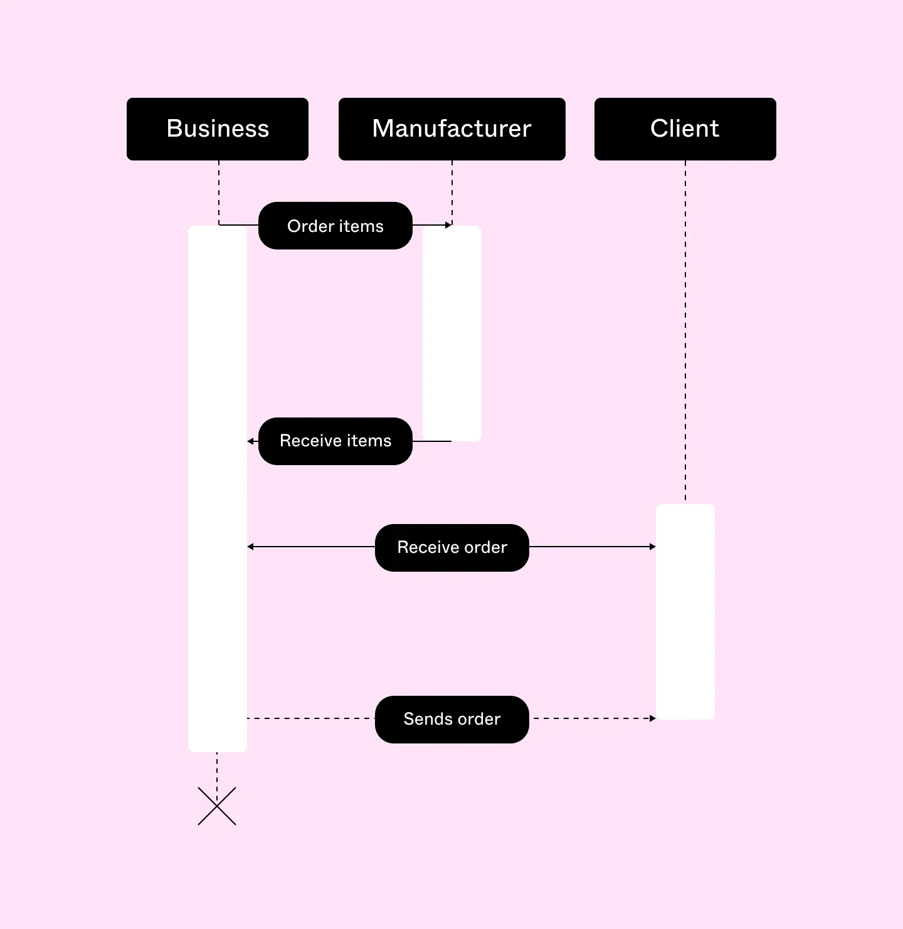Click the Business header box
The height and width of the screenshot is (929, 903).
click(x=218, y=129)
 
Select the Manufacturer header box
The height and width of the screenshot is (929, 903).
click(x=451, y=129)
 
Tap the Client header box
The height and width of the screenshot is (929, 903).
click(x=685, y=129)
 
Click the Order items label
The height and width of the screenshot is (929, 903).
click(x=335, y=226)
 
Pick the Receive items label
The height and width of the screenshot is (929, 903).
click(x=335, y=441)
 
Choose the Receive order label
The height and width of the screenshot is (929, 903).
click(x=451, y=548)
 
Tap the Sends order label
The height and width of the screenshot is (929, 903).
click(x=451, y=720)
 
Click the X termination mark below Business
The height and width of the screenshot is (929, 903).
click(x=217, y=806)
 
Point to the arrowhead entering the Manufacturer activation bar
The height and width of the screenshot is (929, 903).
click(x=448, y=225)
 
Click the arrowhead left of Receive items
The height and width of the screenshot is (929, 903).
click(x=251, y=441)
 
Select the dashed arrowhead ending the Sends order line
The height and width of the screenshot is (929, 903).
click(x=653, y=718)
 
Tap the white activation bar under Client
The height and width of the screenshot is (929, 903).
click(x=685, y=612)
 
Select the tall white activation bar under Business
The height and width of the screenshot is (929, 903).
click(x=218, y=489)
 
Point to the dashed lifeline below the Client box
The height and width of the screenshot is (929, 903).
click(x=685, y=332)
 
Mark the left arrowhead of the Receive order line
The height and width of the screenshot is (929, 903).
click(x=251, y=547)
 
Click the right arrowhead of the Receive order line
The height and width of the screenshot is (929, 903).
click(x=653, y=547)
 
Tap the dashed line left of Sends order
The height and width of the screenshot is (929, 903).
click(x=311, y=718)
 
